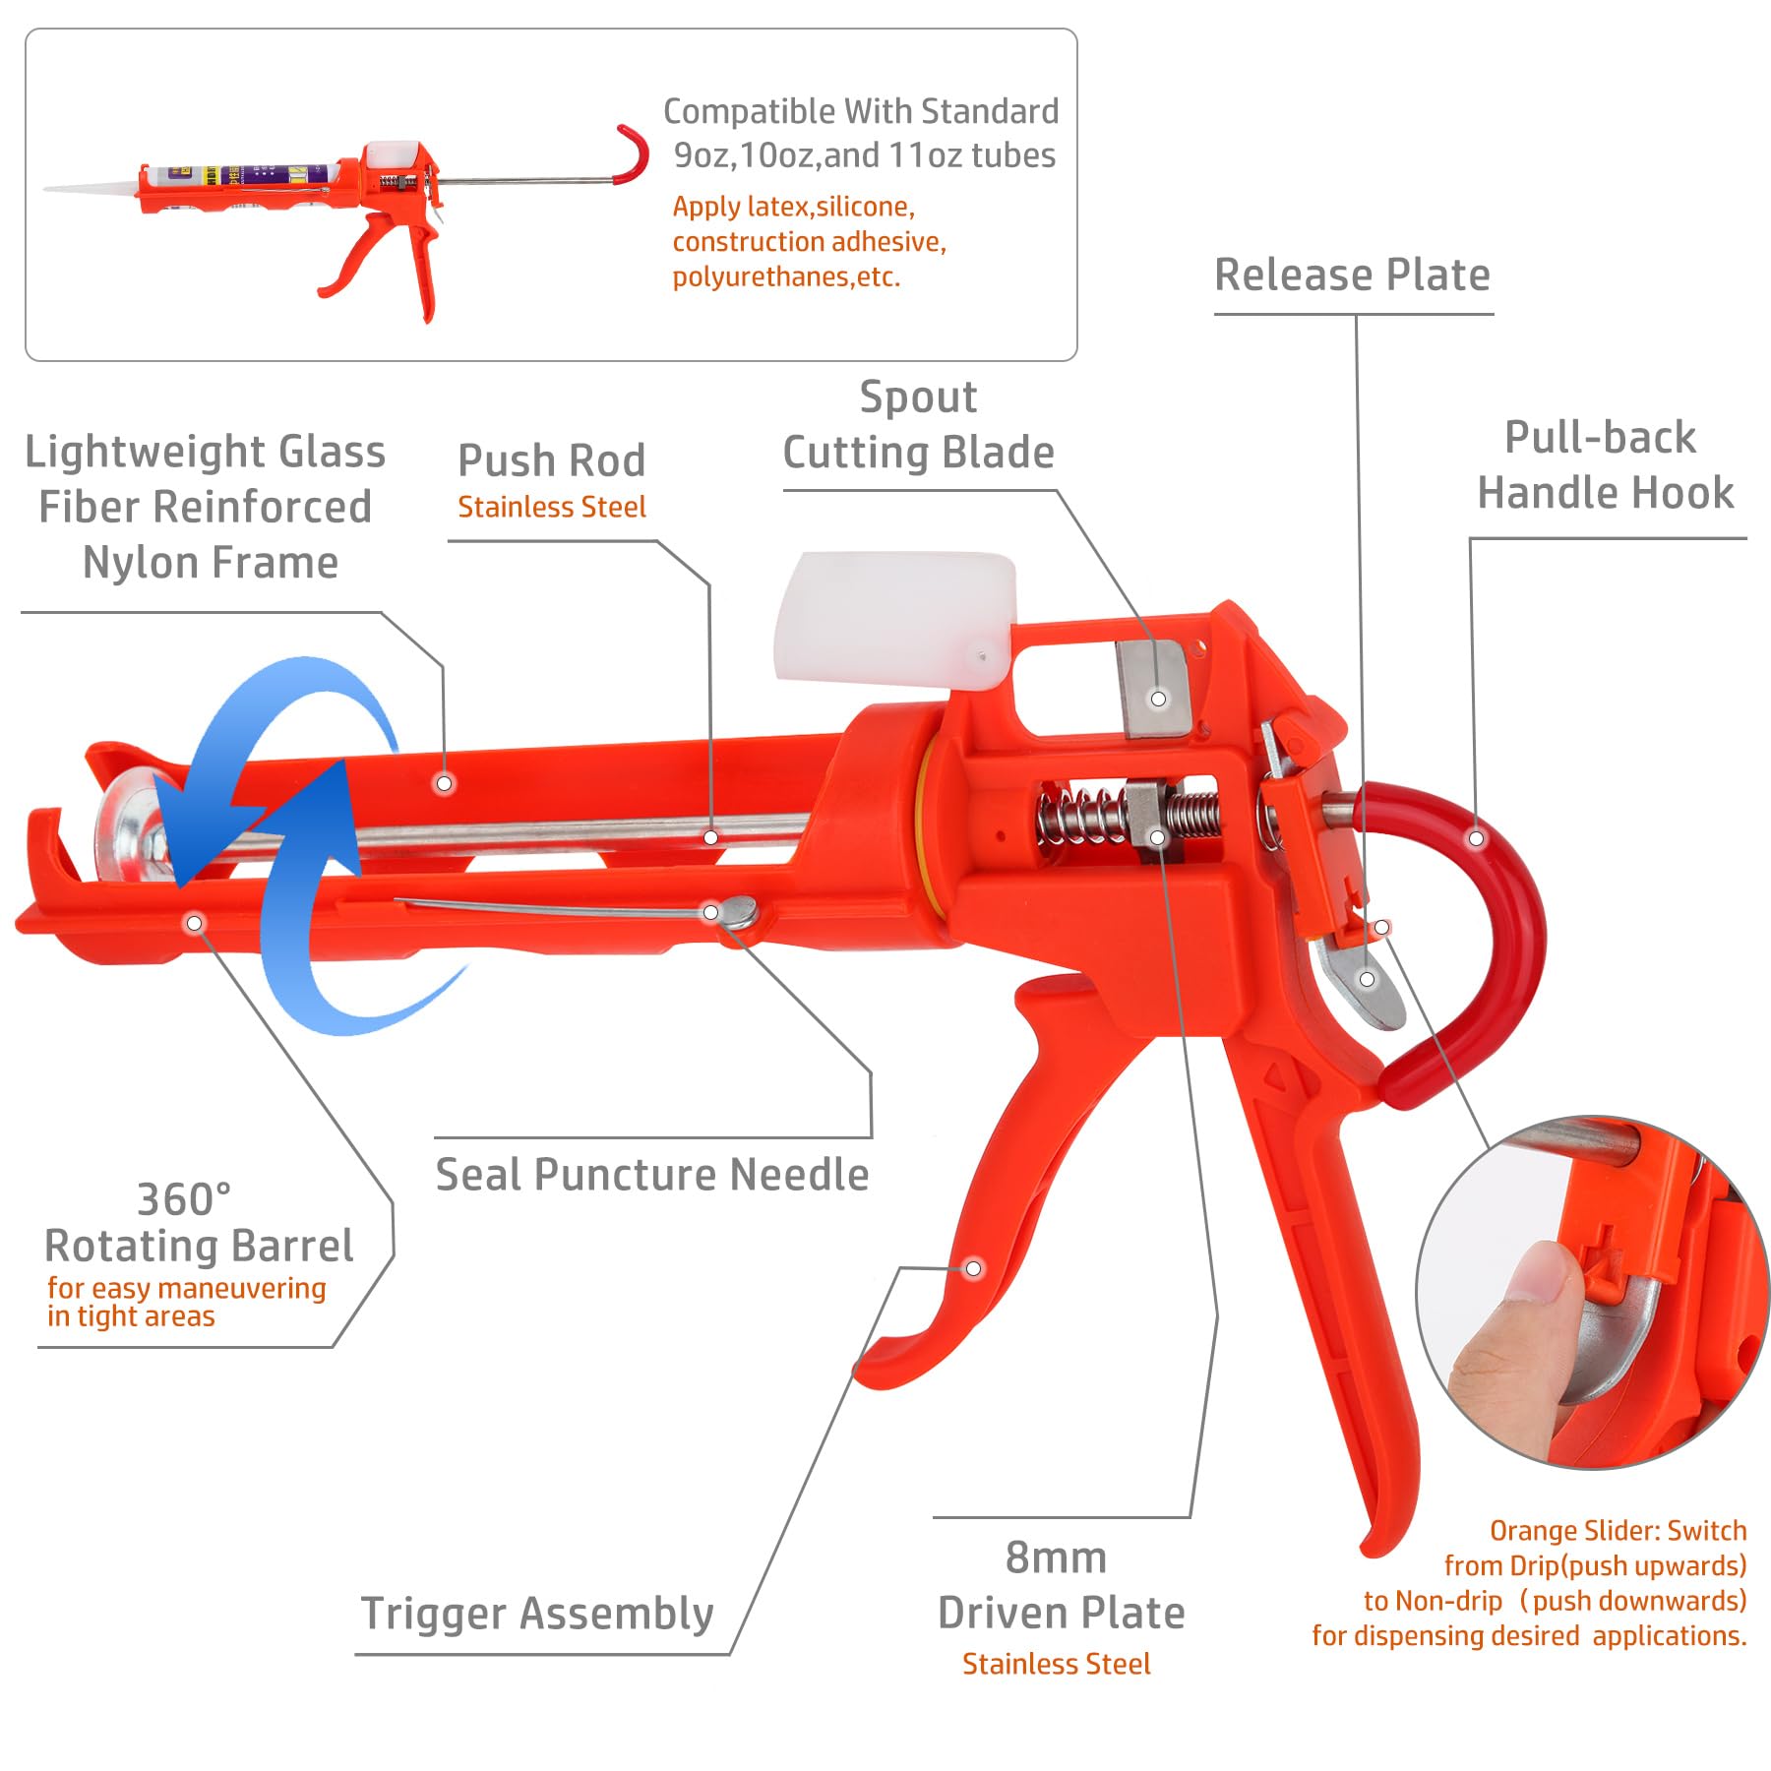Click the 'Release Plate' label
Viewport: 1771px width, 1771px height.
[x=1352, y=275]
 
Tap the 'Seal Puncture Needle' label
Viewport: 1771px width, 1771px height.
[x=652, y=1175]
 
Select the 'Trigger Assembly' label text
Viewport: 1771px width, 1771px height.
[x=537, y=1614]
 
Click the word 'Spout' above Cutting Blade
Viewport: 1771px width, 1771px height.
[x=918, y=397]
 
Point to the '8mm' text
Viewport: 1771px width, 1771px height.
[x=1056, y=1558]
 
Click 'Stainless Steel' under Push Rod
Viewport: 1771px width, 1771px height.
[x=551, y=508]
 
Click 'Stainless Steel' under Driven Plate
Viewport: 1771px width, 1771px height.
[x=1056, y=1664]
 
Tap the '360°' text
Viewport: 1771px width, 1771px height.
[x=184, y=1200]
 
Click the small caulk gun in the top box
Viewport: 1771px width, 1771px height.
[x=344, y=197]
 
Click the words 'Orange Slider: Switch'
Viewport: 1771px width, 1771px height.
[x=1618, y=1531]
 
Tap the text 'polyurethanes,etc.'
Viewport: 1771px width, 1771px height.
[x=785, y=277]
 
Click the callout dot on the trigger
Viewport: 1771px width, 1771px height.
[x=973, y=1268]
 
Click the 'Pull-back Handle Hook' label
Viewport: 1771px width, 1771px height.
[x=1604, y=464]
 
